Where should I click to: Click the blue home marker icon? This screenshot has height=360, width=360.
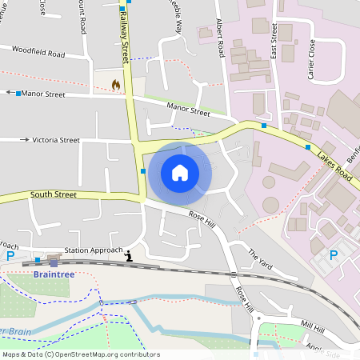click(180, 172)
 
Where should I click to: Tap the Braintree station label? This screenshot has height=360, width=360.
click(54, 274)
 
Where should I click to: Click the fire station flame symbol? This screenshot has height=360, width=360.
click(116, 83)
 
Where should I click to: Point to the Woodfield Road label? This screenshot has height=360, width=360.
click(38, 52)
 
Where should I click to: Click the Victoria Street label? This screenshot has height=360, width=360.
click(55, 140)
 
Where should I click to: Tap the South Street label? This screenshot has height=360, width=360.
click(54, 194)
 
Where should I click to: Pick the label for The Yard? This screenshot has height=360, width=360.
click(260, 258)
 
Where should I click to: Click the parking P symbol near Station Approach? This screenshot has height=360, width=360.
click(10, 255)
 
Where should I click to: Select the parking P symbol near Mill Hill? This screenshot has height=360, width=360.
click(334, 254)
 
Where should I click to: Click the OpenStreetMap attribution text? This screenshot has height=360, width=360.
click(81, 354)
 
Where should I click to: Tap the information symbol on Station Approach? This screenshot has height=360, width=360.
click(129, 256)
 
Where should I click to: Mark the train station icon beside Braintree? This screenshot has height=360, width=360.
click(54, 262)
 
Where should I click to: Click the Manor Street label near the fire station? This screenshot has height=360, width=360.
click(43, 94)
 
